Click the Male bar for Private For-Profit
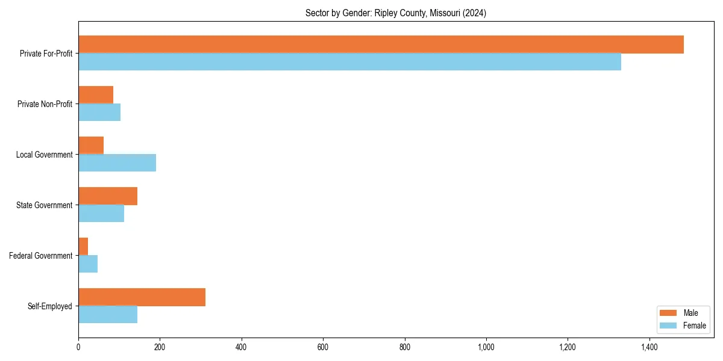point(381,45)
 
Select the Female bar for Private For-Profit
point(349,62)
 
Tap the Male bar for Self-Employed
point(142,297)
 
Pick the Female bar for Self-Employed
point(108,315)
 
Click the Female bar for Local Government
point(117,163)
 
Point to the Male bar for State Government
point(108,196)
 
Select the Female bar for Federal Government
point(88,264)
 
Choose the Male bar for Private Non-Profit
point(96,95)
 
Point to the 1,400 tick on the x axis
point(649,347)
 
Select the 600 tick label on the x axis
point(323,347)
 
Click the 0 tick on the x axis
point(78,347)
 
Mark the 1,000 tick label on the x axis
point(486,347)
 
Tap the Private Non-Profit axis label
point(45,104)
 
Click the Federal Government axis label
point(41,256)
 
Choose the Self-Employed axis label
point(50,306)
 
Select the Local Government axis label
point(44,155)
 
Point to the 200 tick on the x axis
point(160,347)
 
